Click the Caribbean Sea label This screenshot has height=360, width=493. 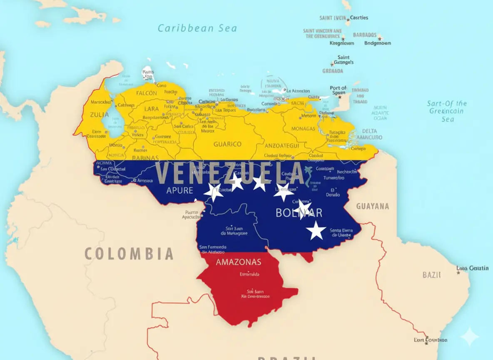coord(197,28)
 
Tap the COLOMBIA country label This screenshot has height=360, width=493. coord(129,253)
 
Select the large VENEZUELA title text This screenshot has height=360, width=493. coord(230,174)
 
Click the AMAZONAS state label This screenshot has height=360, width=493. coord(239,262)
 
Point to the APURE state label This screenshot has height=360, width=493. coord(179,190)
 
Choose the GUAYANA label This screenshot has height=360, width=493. coord(372,206)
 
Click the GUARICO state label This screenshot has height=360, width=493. coord(227,144)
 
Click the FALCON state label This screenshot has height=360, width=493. coord(147,93)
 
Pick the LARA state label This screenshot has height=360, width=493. coord(152,109)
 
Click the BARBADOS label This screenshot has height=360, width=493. coord(364,35)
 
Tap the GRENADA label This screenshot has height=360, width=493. coord(333,71)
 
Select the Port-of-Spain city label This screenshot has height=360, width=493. coord(338,90)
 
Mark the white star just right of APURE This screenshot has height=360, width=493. coord(214,192)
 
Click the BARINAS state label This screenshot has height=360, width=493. coord(145,158)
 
